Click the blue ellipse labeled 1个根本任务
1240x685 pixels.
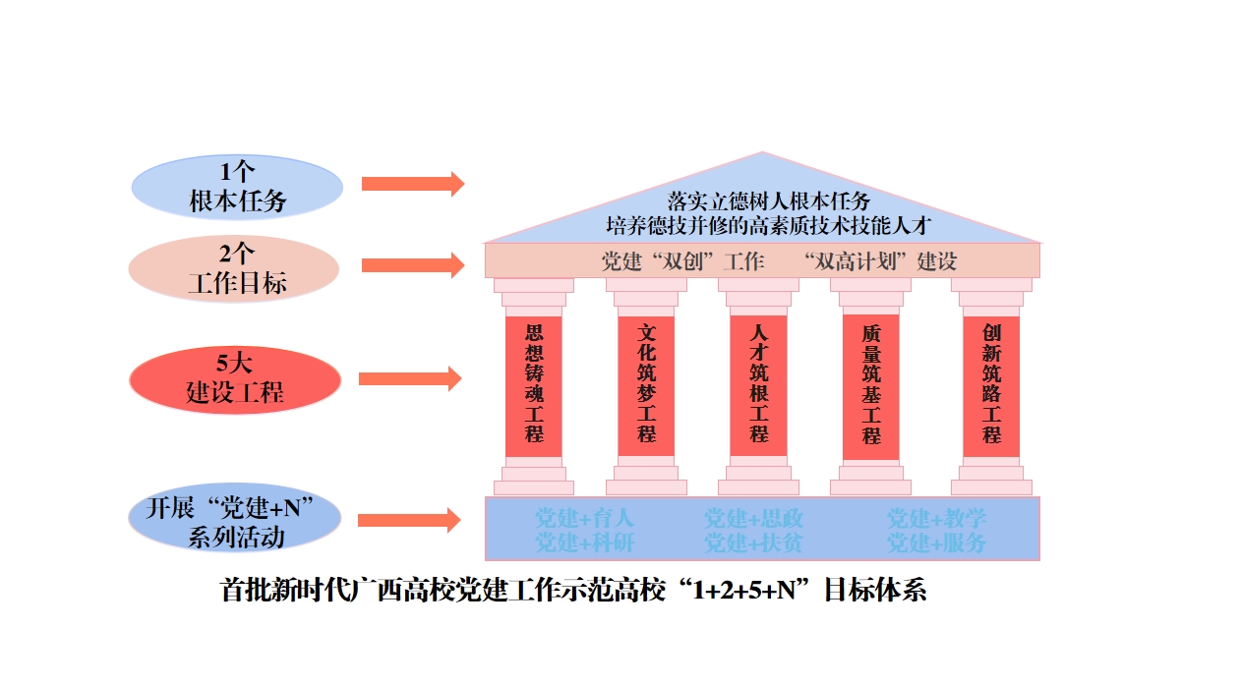pos(237,187)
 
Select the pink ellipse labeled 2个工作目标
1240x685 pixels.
pos(234,269)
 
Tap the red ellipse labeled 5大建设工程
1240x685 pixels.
pos(235,378)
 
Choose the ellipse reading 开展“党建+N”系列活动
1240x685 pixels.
pos(235,522)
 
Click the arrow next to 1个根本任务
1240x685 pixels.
pos(412,184)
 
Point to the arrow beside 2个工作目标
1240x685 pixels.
pos(412,264)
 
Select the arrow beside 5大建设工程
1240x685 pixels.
pos(409,378)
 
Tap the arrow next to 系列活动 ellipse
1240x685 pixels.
pos(409,521)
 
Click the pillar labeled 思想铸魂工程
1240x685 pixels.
pos(534,385)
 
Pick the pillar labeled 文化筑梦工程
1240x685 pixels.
pos(646,385)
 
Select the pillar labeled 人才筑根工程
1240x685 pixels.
pos(758,385)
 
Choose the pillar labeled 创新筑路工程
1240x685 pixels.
pos(991,385)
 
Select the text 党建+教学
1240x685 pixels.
pos(936,519)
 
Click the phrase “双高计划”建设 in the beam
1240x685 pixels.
pos(879,262)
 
